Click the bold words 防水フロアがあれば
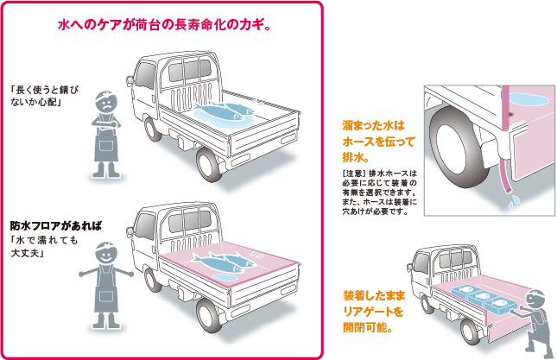pos(54,226)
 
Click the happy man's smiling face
pos(105,256)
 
